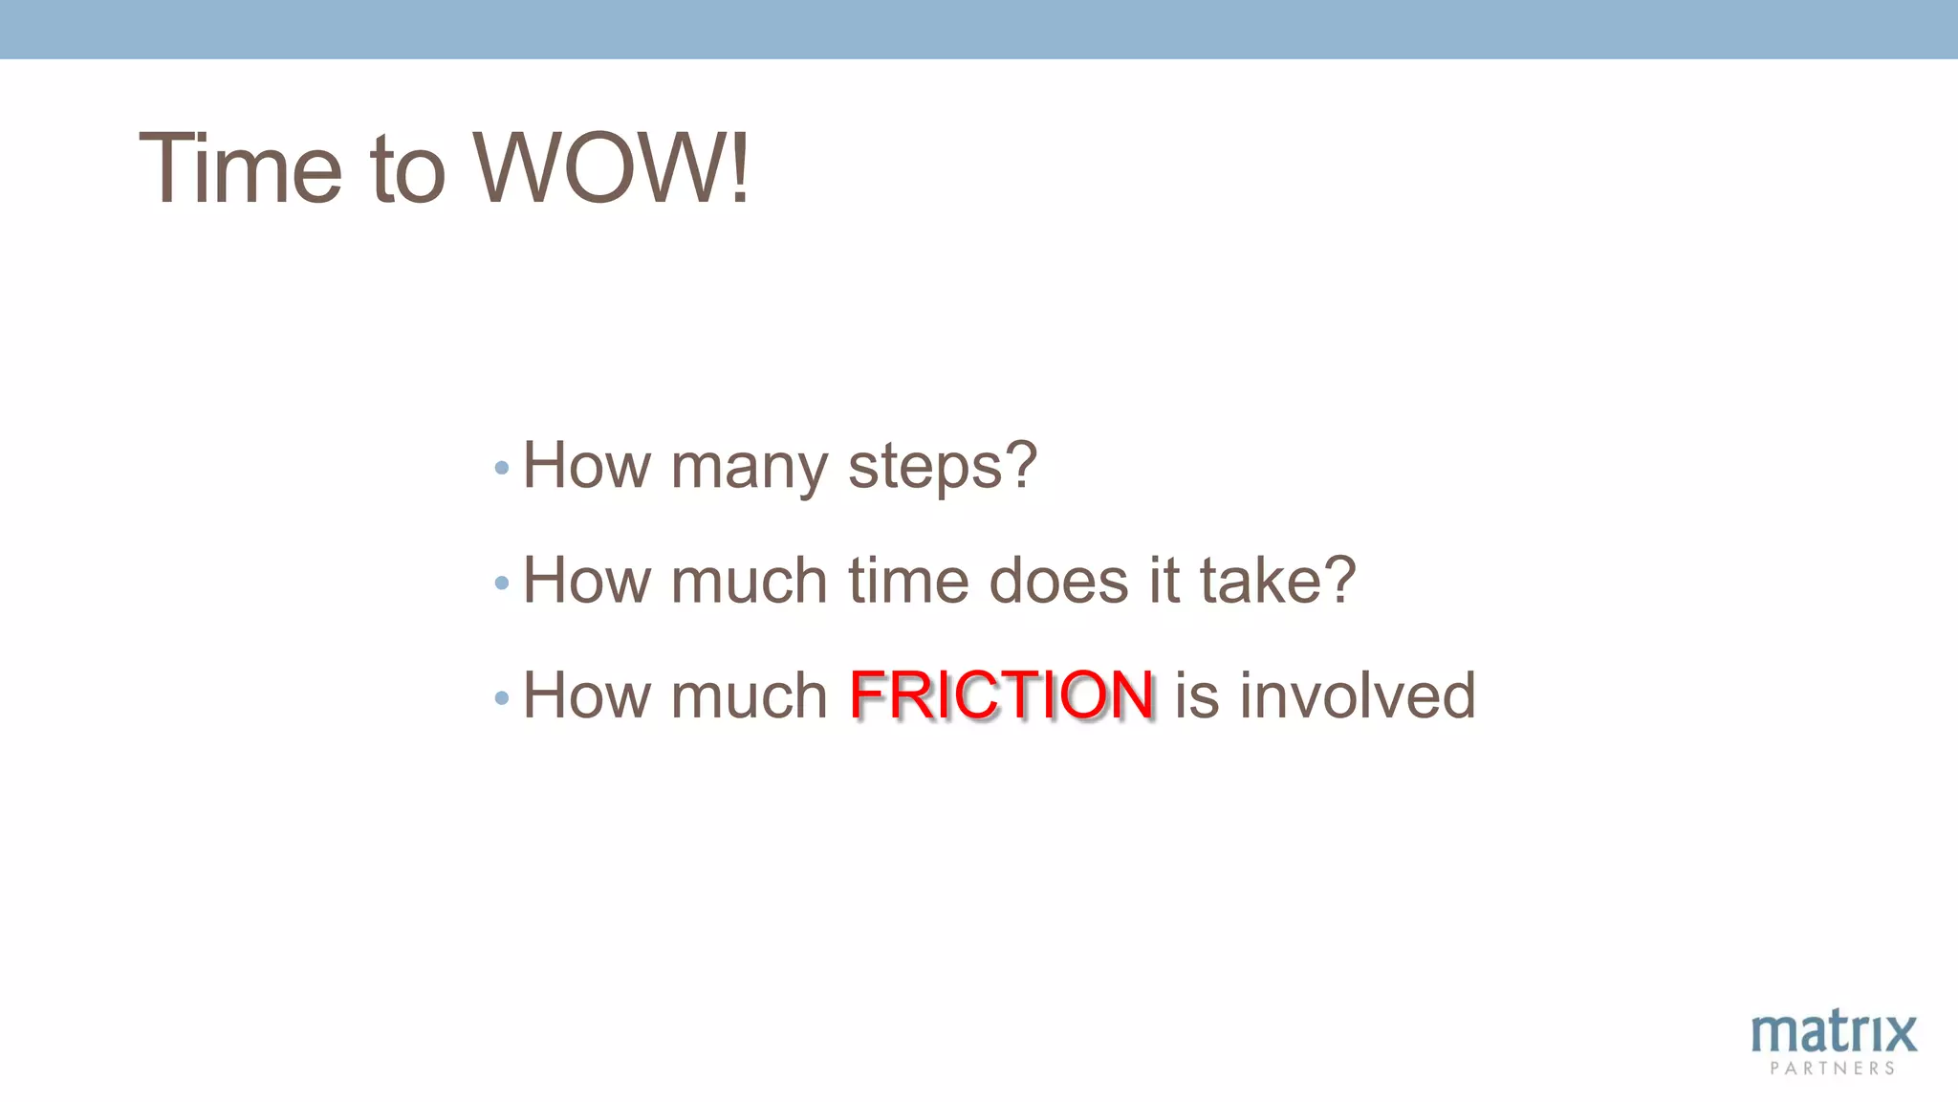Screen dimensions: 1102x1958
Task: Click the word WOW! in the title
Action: click(612, 168)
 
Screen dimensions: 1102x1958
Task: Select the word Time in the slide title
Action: click(240, 168)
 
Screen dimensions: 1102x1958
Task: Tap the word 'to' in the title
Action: click(408, 170)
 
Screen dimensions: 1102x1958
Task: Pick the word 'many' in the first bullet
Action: click(750, 469)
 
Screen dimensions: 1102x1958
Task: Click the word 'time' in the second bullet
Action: click(909, 581)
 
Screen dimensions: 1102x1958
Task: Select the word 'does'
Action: click(1058, 581)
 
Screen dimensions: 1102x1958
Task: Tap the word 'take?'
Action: click(1277, 581)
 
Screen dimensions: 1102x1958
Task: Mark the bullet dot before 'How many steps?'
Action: click(502, 469)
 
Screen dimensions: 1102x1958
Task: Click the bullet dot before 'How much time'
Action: click(502, 583)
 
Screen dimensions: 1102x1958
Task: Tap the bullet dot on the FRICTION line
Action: click(502, 698)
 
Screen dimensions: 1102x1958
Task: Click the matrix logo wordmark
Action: click(1834, 1033)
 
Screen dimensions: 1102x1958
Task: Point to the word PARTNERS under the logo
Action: click(1833, 1069)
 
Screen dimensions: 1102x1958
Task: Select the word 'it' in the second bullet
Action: click(1164, 581)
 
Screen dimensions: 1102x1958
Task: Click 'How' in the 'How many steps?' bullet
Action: click(586, 466)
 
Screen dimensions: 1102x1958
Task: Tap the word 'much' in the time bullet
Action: click(750, 581)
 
